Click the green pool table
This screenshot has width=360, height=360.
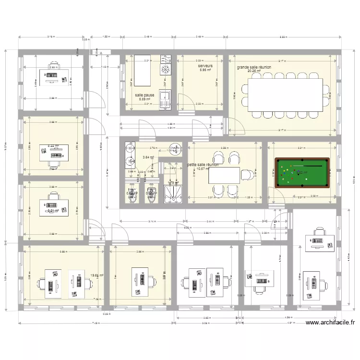[302, 173]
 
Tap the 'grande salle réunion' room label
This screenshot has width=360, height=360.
[254, 67]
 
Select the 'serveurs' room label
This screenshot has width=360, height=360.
[205, 65]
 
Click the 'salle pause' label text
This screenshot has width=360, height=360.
[144, 95]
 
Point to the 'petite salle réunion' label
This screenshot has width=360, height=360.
[204, 165]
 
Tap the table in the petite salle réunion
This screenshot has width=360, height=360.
[224, 175]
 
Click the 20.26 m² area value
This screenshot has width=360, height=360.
[253, 71]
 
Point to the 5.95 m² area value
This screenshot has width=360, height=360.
[205, 70]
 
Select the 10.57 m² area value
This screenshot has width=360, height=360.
[203, 168]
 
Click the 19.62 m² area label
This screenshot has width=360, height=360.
[97, 275]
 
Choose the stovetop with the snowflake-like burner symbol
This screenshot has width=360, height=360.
[166, 70]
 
